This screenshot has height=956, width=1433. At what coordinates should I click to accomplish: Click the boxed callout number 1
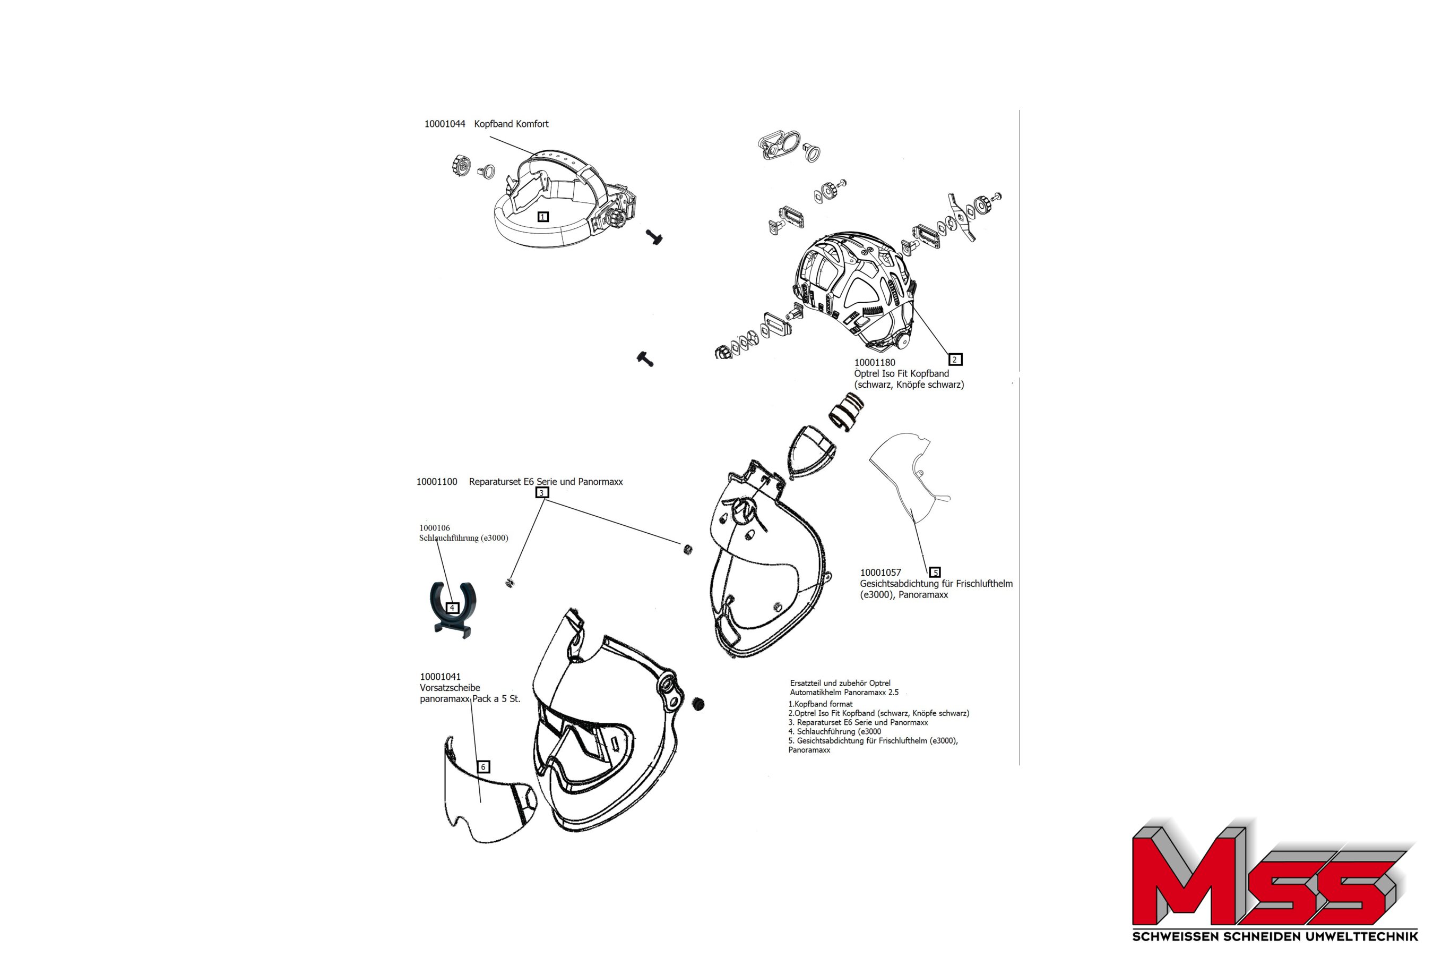pyautogui.click(x=543, y=217)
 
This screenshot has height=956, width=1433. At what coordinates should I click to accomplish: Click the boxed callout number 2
pyautogui.click(x=955, y=360)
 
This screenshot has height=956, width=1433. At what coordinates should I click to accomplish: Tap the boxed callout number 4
pyautogui.click(x=452, y=608)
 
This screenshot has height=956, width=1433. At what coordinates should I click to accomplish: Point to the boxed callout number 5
pyautogui.click(x=935, y=573)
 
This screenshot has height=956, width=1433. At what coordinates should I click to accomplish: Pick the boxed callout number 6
pyautogui.click(x=483, y=767)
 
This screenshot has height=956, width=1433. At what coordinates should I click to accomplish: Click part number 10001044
pyautogui.click(x=445, y=124)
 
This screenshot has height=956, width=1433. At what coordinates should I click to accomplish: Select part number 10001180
pyautogui.click(x=874, y=363)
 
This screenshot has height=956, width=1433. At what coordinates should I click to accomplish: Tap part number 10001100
pyautogui.click(x=437, y=482)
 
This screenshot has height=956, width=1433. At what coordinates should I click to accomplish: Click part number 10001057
pyautogui.click(x=880, y=573)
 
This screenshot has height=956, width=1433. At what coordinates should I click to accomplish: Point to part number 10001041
pyautogui.click(x=441, y=677)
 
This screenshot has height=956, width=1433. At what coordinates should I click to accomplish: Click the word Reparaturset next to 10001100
pyautogui.click(x=495, y=482)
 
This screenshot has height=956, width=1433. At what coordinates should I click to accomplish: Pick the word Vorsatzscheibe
pyautogui.click(x=450, y=688)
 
